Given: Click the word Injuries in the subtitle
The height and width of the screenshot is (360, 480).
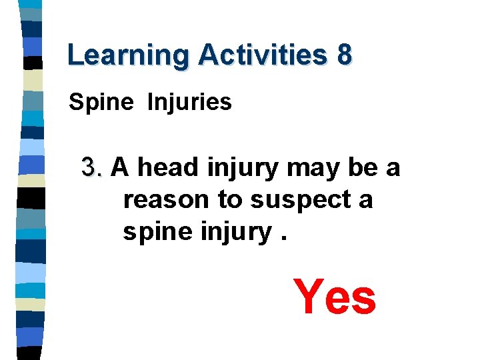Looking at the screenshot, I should pos(189,103).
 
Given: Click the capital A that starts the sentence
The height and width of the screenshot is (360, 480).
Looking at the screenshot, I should pos(119,167).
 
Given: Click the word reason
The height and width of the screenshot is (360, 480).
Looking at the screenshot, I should pos(167,199).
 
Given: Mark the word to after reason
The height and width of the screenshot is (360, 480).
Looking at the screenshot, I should pos(230,199).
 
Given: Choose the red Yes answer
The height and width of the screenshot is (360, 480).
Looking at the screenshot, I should pos(335,297).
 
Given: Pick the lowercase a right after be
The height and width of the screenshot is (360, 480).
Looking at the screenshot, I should pos(393,168).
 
